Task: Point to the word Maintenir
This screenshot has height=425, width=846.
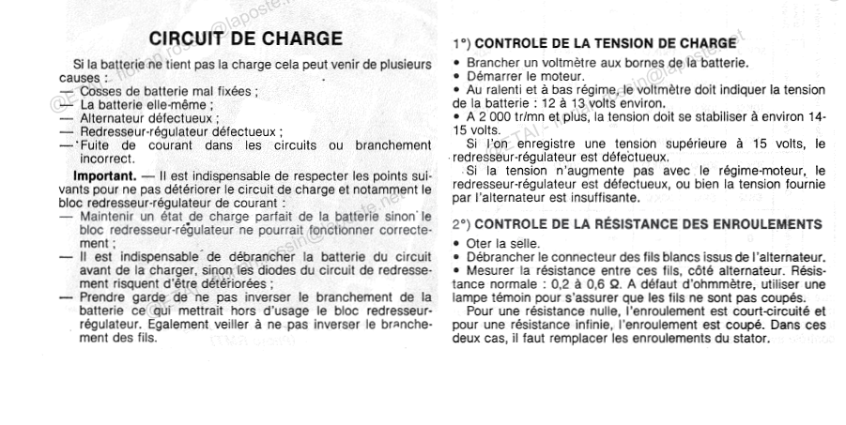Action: [111, 218]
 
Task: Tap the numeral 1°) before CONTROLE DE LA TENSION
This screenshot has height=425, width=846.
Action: [462, 43]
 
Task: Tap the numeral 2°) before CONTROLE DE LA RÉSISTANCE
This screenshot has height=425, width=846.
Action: [462, 224]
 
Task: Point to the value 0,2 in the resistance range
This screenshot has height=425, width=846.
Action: [569, 283]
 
